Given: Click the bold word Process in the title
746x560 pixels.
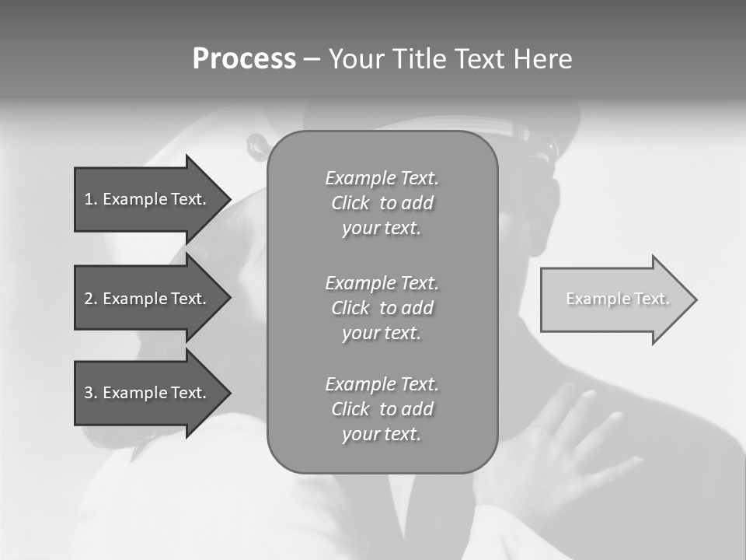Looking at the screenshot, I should pos(244,59).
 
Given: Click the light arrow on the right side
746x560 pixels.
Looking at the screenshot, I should pos(614,299).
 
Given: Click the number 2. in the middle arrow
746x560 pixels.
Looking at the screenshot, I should pos(91,299).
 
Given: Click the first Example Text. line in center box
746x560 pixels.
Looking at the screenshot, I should pos(382,178).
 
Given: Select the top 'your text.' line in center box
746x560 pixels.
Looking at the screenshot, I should pos(382,228).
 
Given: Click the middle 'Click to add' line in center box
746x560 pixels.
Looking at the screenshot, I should pos(382,308).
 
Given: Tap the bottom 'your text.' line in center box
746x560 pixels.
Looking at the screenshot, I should pos(382,434).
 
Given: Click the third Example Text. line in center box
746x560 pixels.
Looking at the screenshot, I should pos(382,384).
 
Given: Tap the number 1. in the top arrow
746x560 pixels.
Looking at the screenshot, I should pos(90,199).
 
